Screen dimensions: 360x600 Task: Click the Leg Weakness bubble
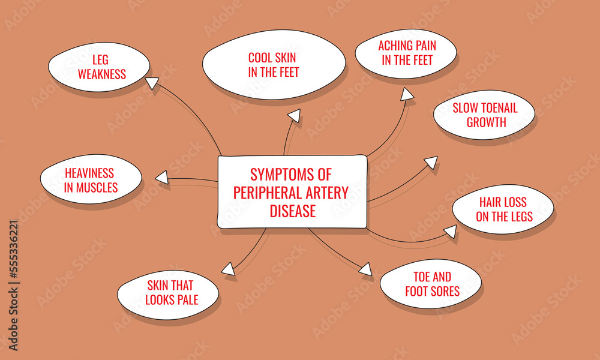98,67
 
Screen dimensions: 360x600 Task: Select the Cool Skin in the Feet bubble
274,65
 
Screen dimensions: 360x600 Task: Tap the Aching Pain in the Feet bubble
406,53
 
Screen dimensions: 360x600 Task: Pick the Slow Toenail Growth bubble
484,115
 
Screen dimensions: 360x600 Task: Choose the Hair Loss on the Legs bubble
503,209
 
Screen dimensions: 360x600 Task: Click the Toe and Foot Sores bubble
431,284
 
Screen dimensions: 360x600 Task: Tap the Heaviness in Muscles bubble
91,179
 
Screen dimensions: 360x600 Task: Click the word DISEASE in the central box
292,212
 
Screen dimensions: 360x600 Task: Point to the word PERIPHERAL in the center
266,193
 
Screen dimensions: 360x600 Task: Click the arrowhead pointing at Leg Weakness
152,83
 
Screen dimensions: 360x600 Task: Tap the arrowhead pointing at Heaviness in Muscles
161,178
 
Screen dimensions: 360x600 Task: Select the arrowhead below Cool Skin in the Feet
294,115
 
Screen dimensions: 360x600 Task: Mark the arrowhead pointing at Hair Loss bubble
451,231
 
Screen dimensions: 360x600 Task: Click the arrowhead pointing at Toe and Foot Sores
365,269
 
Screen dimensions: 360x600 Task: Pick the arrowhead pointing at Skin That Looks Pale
227,269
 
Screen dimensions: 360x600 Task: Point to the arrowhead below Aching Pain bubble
407,94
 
